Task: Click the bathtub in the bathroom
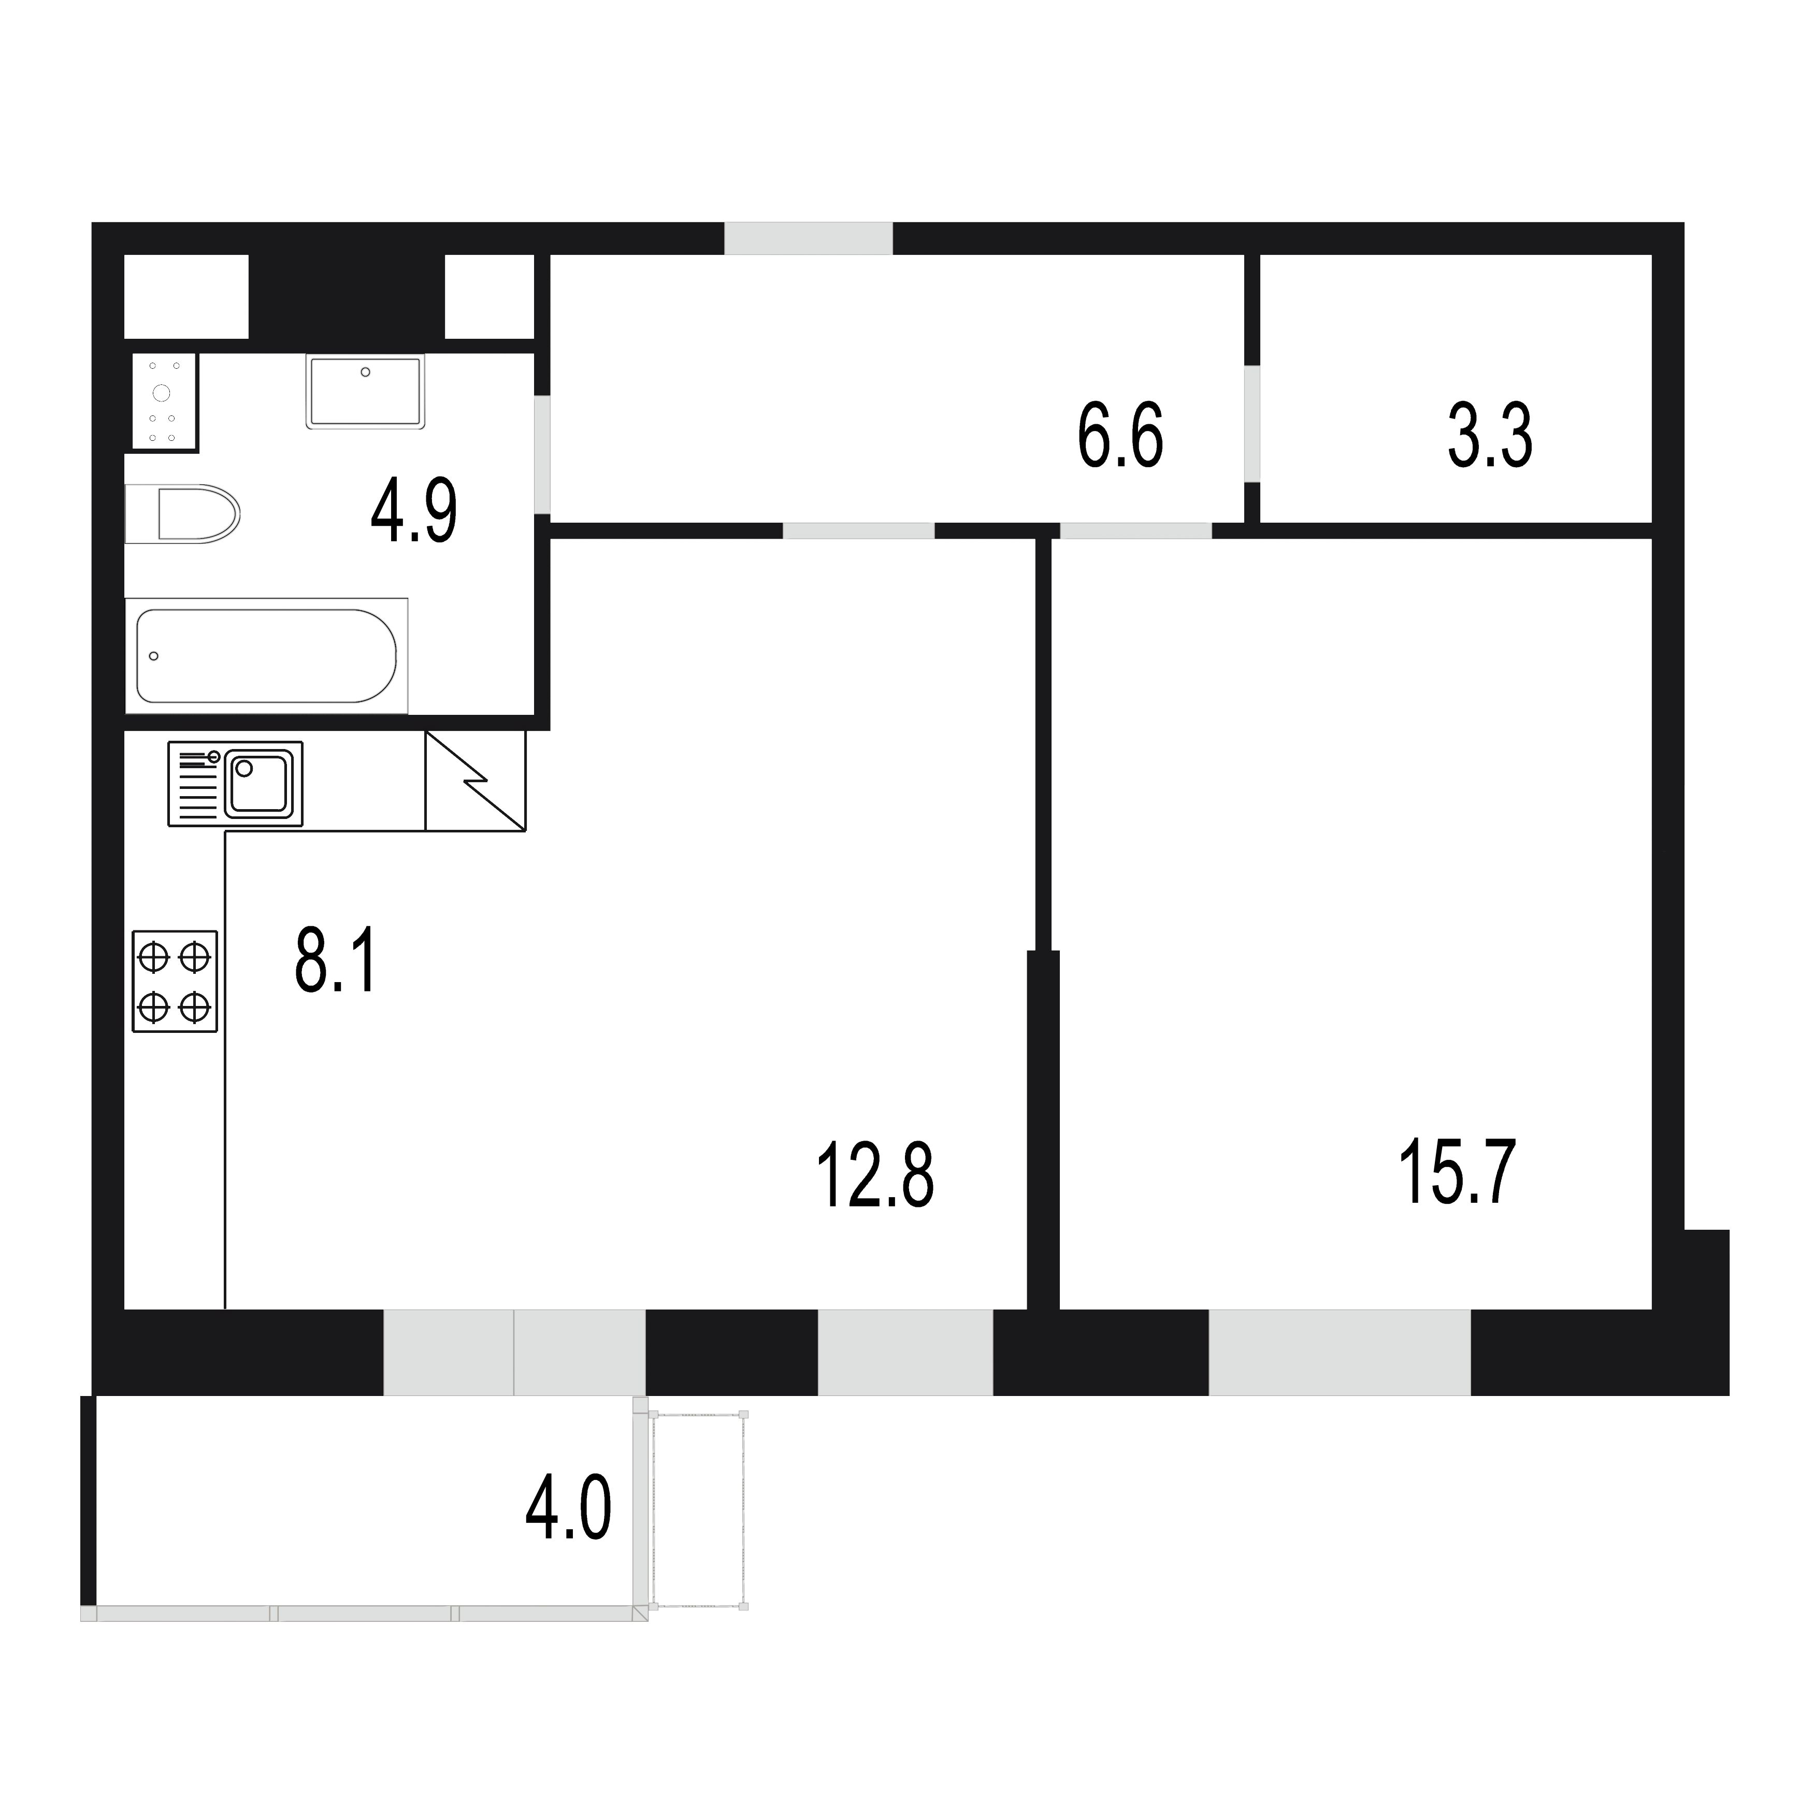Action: [x=266, y=656]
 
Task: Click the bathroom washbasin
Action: [x=365, y=391]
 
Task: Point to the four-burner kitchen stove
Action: [x=175, y=982]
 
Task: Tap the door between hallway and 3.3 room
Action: [x=1252, y=423]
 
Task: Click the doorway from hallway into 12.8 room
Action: [x=859, y=531]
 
